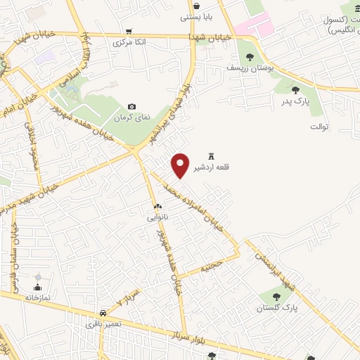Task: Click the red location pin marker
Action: [x=181, y=165]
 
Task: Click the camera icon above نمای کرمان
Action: [x=131, y=106]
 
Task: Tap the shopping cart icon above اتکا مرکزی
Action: [x=129, y=31]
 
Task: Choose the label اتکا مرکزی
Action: [x=131, y=42]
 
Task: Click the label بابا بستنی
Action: [x=195, y=16]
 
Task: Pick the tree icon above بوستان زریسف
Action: [x=249, y=56]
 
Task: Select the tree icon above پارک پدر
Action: [x=295, y=90]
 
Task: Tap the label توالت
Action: [x=319, y=127]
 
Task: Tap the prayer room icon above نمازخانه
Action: [x=37, y=287]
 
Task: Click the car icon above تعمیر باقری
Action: [x=103, y=312]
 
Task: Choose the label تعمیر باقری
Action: [x=101, y=323]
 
